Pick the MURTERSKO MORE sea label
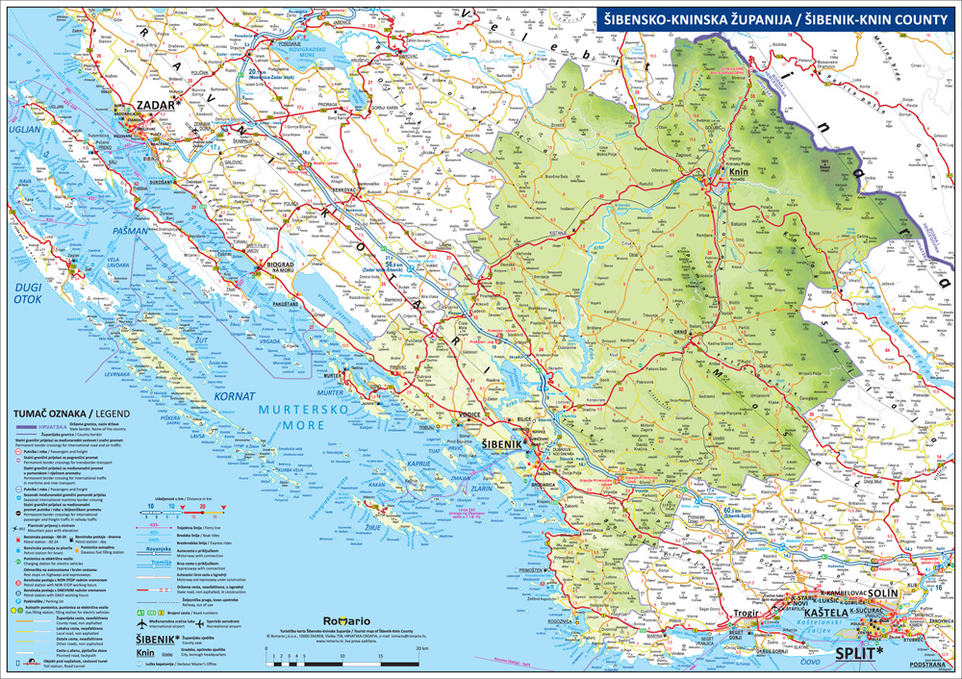pyautogui.click(x=305, y=419)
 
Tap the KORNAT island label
pyautogui.click(x=237, y=395)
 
